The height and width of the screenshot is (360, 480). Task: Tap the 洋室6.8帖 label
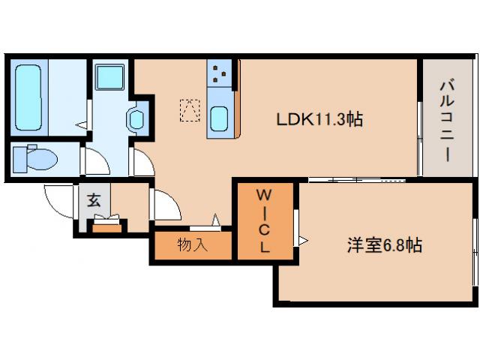(x=383, y=244)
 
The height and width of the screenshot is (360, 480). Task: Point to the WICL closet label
(x=264, y=221)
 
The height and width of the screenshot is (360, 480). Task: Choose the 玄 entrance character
(x=94, y=201)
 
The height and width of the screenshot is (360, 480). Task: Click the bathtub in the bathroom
(x=31, y=97)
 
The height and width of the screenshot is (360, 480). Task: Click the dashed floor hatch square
(x=188, y=110)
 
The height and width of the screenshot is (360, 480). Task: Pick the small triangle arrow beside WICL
(x=302, y=240)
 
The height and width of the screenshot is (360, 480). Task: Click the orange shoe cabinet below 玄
(x=109, y=226)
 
